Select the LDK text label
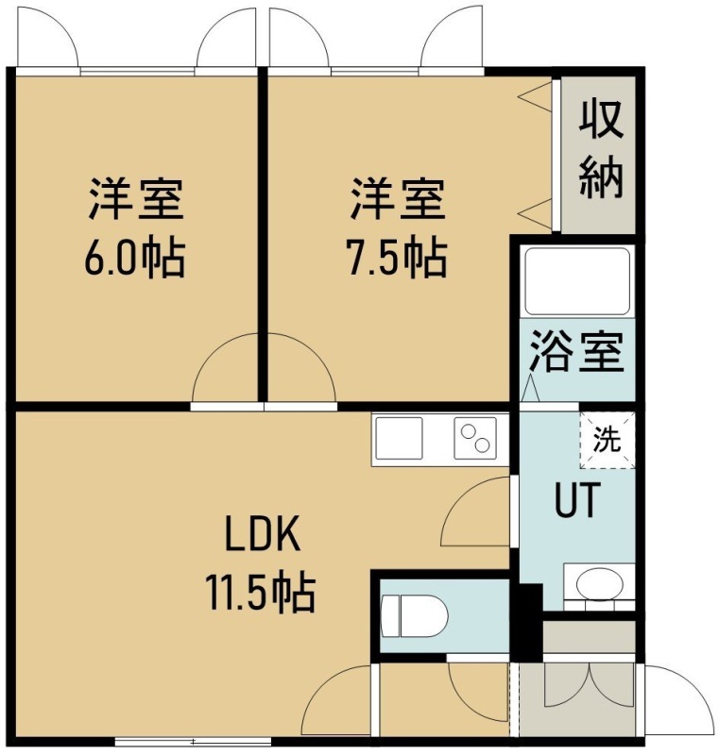[x=263, y=533]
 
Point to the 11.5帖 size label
[x=261, y=593]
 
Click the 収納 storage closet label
[x=601, y=150]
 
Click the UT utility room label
[x=578, y=500]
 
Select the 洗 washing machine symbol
[x=608, y=440]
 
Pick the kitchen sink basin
[x=399, y=438]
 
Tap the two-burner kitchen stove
[x=475, y=438]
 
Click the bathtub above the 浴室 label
[x=577, y=281]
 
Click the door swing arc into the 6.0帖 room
[x=207, y=352]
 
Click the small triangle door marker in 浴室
[x=530, y=387]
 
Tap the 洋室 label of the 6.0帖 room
[x=135, y=199]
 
